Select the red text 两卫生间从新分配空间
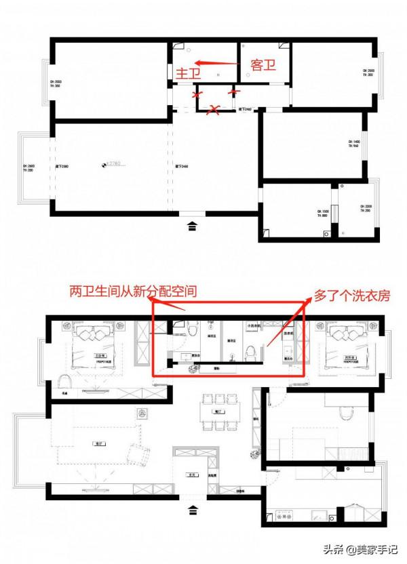coord(133,292)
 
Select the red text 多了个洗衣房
coord(351,296)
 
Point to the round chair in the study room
coord(346,411)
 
